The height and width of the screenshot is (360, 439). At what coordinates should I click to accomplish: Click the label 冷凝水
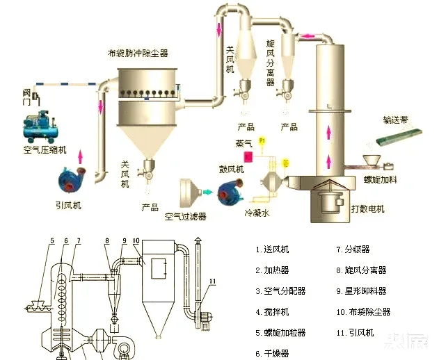click(257, 215)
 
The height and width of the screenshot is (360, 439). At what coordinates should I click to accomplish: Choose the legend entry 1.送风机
click(271, 249)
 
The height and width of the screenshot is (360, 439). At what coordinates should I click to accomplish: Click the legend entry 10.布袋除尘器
click(362, 312)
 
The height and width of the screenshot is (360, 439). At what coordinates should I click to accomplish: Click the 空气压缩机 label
click(45, 150)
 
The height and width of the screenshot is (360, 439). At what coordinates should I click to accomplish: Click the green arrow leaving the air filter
click(207, 192)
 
